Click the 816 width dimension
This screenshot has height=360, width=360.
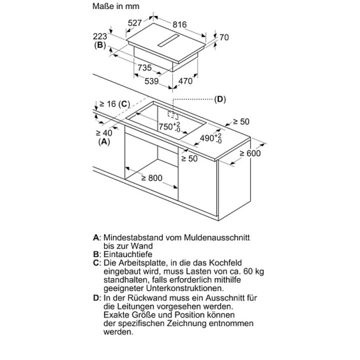pyautogui.click(x=179, y=24)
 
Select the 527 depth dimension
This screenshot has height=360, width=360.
pyautogui.click(x=135, y=23)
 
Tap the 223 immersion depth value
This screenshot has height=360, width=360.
pyautogui.click(x=100, y=36)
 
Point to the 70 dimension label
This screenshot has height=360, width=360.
pyautogui.click(x=224, y=37)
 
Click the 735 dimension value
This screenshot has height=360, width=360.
pyautogui.click(x=144, y=67)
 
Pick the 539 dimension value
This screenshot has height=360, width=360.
pyautogui.click(x=151, y=81)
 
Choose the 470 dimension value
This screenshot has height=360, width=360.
pyautogui.click(x=185, y=81)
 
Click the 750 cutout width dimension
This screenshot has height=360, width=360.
pyautogui.click(x=169, y=126)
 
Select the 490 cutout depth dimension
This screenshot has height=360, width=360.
pyautogui.click(x=211, y=138)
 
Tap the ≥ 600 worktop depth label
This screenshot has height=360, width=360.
pyautogui.click(x=250, y=153)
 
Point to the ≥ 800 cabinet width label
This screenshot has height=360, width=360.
pyautogui.click(x=152, y=178)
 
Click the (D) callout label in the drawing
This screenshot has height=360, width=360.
pyautogui.click(x=220, y=99)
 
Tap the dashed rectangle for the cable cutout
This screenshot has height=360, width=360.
pyautogui.click(x=173, y=115)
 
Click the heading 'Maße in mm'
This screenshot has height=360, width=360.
pyautogui.click(x=116, y=6)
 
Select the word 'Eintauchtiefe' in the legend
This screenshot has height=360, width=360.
pyautogui.click(x=128, y=254)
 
